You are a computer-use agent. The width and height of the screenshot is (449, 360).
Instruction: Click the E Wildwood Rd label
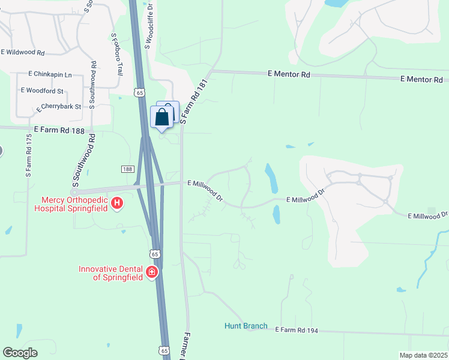[23, 53]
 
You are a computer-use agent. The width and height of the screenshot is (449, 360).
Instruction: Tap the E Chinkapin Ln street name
[50, 74]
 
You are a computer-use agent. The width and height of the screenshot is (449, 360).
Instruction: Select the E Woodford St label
[42, 91]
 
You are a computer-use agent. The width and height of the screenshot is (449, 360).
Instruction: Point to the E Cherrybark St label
[58, 107]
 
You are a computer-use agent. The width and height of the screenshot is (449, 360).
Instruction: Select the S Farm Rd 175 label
[28, 154]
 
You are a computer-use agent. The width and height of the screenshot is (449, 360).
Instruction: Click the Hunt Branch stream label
[246, 326]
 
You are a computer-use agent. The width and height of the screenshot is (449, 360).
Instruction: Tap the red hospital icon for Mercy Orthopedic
[118, 204]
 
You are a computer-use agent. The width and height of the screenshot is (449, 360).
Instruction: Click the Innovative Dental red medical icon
[152, 272]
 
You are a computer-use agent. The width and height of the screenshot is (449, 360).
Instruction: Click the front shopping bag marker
[161, 117]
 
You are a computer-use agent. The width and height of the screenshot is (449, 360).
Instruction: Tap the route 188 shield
[127, 170]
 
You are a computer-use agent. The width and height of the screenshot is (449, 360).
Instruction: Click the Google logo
[20, 353]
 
